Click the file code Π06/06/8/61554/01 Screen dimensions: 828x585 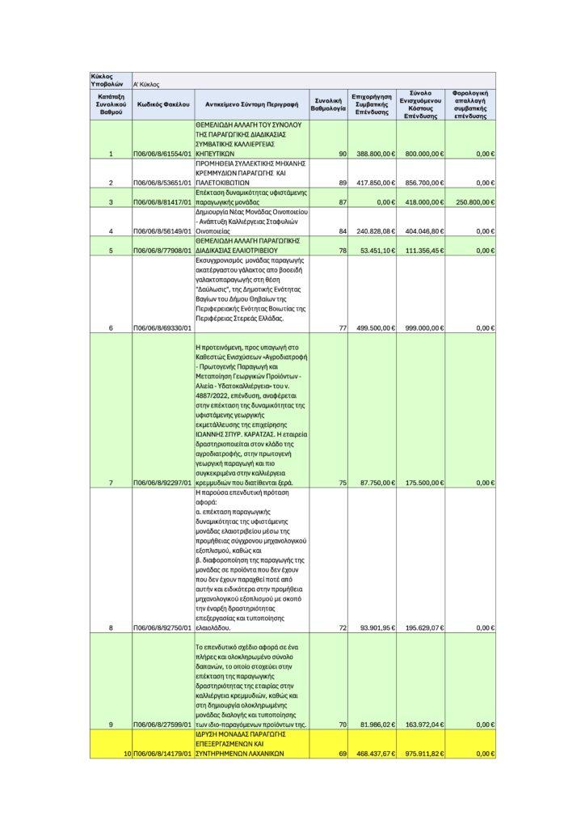point(163,154)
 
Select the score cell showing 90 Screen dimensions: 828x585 point(343,154)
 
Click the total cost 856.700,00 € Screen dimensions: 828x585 point(423,183)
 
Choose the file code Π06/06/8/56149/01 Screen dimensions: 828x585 point(163,232)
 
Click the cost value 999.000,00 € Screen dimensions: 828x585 point(423,327)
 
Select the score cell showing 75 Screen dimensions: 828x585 point(343,483)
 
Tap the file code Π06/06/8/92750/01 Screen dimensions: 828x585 point(163,627)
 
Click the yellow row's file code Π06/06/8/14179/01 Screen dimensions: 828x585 point(163,754)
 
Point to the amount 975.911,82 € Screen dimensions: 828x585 point(423,754)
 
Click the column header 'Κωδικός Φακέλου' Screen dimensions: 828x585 point(163,105)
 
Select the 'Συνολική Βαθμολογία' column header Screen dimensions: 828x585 point(330,105)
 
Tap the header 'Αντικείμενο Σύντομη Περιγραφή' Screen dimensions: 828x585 point(252,105)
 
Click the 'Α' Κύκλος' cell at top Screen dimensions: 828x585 point(146,83)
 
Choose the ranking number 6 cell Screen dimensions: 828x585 point(110,327)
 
